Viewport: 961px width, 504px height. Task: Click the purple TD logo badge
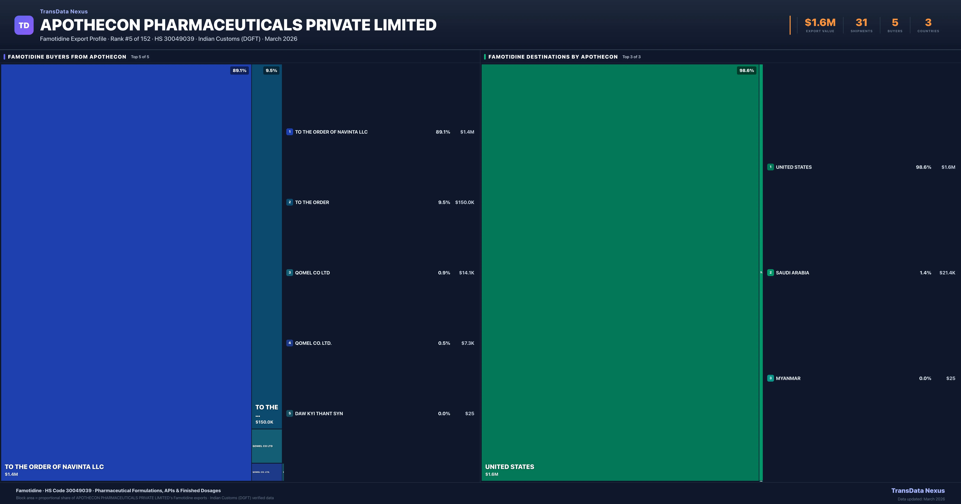pos(24,25)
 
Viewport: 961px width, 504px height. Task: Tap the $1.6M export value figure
pos(820,23)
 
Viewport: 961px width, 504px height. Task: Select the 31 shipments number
pos(861,23)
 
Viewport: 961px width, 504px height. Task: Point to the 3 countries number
pos(928,23)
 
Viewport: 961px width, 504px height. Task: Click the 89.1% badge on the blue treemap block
pos(239,70)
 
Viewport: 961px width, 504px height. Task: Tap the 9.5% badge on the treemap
pos(271,70)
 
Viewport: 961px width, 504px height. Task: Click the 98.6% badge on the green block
pos(747,70)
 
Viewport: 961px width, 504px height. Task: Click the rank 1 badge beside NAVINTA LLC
pos(290,132)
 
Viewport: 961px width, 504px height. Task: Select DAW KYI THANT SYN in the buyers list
pos(319,413)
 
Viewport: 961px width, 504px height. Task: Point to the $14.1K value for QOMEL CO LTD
pos(466,273)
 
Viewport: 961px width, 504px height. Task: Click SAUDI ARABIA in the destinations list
pos(792,273)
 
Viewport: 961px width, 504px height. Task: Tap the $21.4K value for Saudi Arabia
pos(947,273)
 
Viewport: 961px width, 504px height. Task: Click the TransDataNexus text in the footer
pos(918,491)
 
